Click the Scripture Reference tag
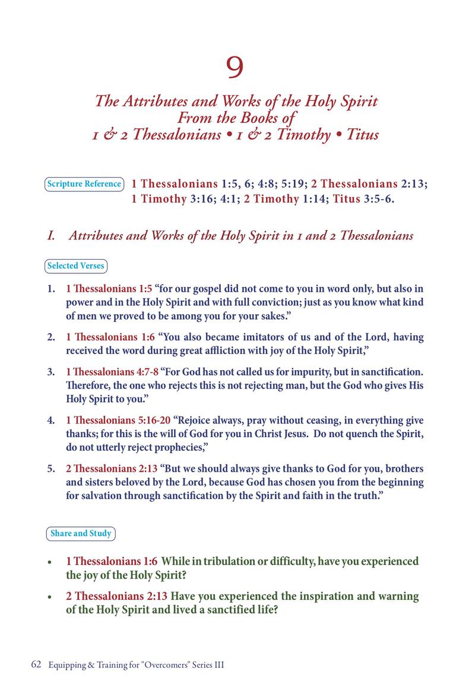pyautogui.click(x=84, y=184)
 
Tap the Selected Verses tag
pyautogui.click(x=75, y=266)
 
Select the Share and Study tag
pyautogui.click(x=81, y=533)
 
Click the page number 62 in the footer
pyautogui.click(x=36, y=665)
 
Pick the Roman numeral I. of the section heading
pyautogui.click(x=52, y=236)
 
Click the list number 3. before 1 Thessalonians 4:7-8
pyautogui.click(x=51, y=372)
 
